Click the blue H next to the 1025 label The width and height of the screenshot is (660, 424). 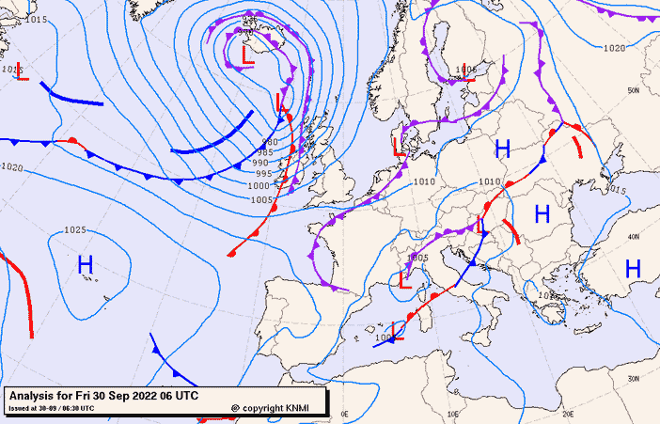pos(86,267)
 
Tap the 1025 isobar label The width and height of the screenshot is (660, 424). pos(75,230)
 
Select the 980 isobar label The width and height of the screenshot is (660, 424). pos(268,142)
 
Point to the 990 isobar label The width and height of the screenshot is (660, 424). pos(263,163)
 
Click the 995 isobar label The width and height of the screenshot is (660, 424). pos(263,174)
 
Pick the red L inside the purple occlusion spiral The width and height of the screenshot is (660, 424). pos(248,55)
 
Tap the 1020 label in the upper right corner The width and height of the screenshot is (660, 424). pos(614,48)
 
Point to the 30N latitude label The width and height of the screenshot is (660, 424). pos(635,378)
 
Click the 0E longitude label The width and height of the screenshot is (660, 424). pos(344,413)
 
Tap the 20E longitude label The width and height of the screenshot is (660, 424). pos(567,413)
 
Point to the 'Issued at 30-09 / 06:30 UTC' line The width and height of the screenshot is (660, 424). pos(51,408)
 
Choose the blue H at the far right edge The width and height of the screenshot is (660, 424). pos(633,269)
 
